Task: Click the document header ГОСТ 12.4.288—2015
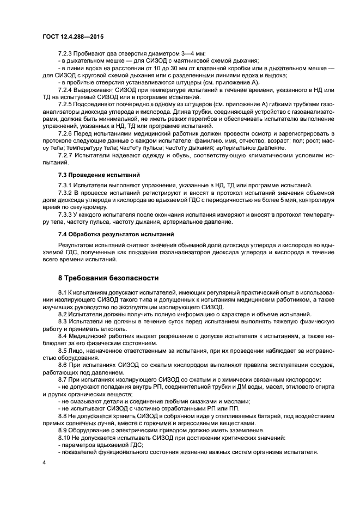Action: click(x=72, y=35)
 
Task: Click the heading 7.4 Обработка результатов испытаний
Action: click(x=108, y=234)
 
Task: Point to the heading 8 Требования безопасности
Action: click(x=101, y=277)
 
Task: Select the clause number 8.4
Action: click(x=63, y=336)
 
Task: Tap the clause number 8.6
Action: click(x=63, y=365)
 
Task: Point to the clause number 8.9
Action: click(x=63, y=430)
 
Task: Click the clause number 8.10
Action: click(x=64, y=437)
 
